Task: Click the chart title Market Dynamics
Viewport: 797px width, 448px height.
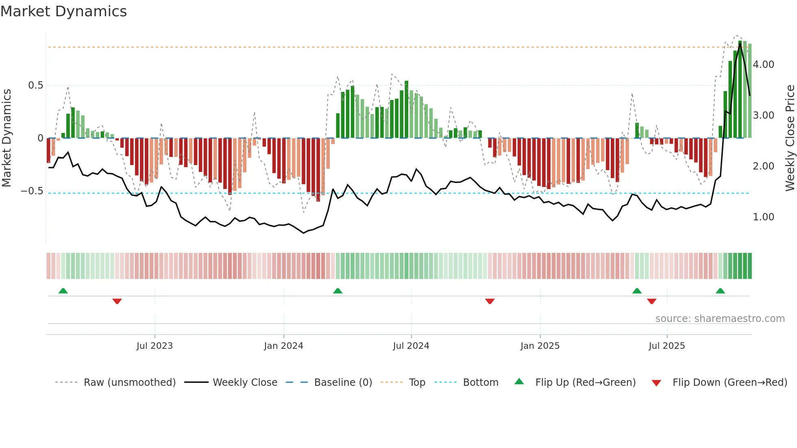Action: click(64, 11)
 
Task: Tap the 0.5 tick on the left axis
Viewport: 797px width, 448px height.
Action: click(35, 85)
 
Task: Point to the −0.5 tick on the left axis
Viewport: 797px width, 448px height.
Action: click(32, 191)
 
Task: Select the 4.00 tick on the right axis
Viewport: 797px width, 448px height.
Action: click(763, 65)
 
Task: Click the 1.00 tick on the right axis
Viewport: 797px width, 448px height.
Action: click(763, 217)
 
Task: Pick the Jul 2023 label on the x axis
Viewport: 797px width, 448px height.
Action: click(155, 346)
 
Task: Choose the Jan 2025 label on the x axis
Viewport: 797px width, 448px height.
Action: click(540, 346)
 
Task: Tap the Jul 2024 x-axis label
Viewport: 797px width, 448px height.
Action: click(411, 346)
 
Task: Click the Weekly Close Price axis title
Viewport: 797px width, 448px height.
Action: click(790, 138)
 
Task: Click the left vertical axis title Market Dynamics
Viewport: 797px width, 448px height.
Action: click(7, 138)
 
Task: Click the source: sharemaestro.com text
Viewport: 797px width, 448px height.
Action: click(720, 319)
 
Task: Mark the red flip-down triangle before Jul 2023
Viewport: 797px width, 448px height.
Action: click(117, 301)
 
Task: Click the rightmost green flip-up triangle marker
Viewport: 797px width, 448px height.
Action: click(720, 291)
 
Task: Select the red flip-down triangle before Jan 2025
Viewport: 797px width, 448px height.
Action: click(490, 301)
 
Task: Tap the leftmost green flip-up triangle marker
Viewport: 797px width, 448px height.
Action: click(63, 291)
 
